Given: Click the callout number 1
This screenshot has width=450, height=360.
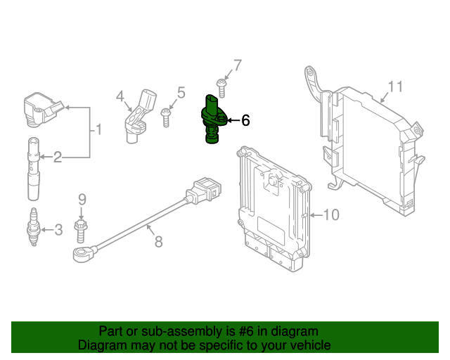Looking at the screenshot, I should pos(99,129).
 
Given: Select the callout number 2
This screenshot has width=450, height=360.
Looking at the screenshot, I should pos(58,157).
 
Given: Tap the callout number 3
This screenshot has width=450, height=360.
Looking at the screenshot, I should pos(58,229).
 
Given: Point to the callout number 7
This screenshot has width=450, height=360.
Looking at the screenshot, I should pos(237,66).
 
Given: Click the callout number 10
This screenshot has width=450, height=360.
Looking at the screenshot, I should pos(330,214).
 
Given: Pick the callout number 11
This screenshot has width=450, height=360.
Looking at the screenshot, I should pos(395,86).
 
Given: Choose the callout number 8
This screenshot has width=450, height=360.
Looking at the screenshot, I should pos(158,242).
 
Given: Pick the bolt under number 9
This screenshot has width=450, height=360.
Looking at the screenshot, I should pos(81,229).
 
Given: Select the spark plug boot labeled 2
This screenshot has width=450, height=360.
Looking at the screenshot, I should pos(33,169).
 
